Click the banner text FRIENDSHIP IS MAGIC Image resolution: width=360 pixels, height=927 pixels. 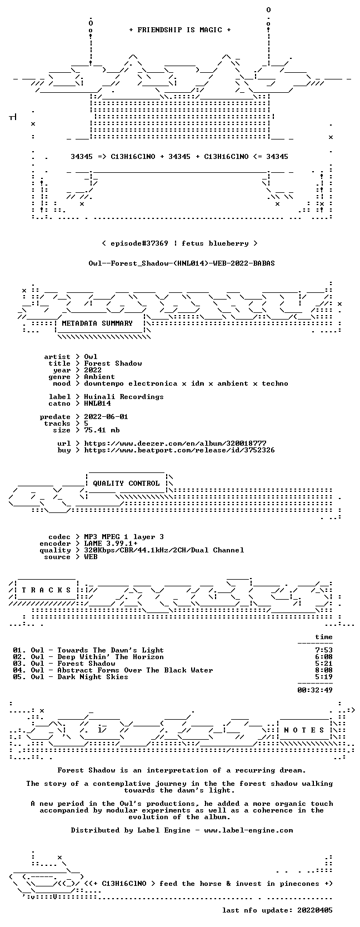click(x=180, y=30)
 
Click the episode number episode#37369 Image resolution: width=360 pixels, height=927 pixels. click(x=139, y=243)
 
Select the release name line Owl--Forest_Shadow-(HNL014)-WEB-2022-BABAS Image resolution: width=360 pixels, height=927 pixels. click(x=182, y=263)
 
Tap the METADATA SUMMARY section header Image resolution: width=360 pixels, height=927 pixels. click(x=97, y=323)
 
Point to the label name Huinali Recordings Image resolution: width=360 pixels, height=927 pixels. click(x=124, y=397)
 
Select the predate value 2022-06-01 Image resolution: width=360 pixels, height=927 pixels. click(x=106, y=416)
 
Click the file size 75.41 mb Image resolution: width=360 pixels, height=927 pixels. click(x=102, y=430)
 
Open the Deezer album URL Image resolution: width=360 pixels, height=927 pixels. click(x=175, y=443)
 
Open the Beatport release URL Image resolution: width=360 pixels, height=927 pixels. click(x=179, y=450)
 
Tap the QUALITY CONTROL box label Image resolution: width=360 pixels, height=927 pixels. click(x=126, y=484)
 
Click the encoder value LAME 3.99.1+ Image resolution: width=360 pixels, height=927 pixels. click(x=111, y=544)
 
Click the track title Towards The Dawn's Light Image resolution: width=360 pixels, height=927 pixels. click(x=111, y=650)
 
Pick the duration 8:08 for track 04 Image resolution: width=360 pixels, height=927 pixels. click(x=323, y=670)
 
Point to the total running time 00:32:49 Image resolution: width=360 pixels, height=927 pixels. click(x=315, y=690)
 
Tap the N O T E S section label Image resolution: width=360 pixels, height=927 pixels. click(x=304, y=730)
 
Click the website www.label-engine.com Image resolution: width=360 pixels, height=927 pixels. click(x=248, y=830)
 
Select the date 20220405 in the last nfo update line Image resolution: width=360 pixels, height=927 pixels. click(x=315, y=910)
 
